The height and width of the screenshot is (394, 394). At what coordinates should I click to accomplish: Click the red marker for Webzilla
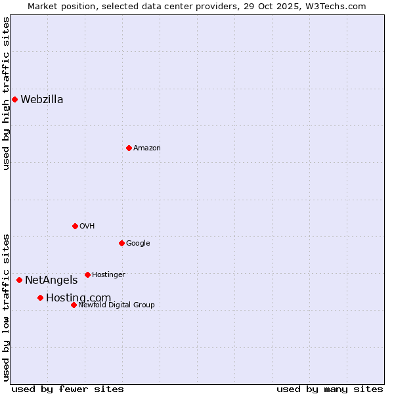click(x=14, y=100)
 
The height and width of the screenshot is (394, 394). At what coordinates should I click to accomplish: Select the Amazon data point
click(x=129, y=148)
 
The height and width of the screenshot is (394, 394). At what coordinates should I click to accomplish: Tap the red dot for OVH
click(x=75, y=226)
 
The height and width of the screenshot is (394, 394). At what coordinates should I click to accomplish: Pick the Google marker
click(x=121, y=243)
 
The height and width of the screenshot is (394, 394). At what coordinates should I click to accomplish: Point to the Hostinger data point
click(x=87, y=274)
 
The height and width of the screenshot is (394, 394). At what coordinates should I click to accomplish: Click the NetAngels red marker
click(x=19, y=280)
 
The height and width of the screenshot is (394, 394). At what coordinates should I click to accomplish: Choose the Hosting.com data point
click(x=40, y=297)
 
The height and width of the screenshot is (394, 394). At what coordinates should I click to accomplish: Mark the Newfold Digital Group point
click(x=74, y=305)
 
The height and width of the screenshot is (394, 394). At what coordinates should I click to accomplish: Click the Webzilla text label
click(x=42, y=100)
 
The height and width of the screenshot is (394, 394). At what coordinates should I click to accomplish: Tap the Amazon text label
click(x=147, y=148)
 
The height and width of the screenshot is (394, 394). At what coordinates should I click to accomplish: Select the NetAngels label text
click(x=51, y=280)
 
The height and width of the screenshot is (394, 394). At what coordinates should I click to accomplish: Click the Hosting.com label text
click(x=78, y=298)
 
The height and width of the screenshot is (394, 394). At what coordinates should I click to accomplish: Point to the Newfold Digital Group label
click(x=116, y=305)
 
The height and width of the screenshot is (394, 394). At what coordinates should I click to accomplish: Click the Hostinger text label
click(x=108, y=274)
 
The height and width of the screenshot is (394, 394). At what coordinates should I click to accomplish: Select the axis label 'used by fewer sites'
click(x=68, y=389)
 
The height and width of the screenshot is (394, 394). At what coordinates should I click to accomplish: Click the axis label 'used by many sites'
click(x=330, y=389)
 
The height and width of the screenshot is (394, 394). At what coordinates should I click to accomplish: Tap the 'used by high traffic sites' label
click(x=6, y=93)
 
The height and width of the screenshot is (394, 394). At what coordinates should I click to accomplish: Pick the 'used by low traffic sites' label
click(x=6, y=307)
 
